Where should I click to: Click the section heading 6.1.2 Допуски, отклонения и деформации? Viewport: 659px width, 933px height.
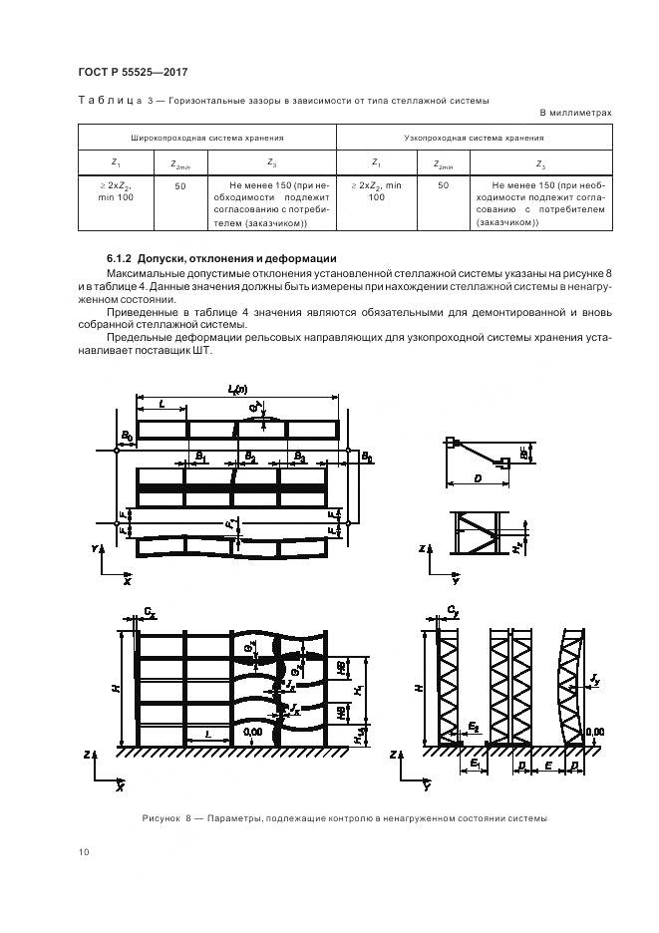221,258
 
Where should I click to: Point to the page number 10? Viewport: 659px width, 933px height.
83,851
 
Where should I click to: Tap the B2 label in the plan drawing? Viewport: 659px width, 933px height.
250,457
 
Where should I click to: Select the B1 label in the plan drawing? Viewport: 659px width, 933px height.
200,457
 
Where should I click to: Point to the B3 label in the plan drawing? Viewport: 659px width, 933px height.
298,457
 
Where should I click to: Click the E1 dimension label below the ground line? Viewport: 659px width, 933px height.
476,763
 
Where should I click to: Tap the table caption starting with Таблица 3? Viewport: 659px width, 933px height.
284,100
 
